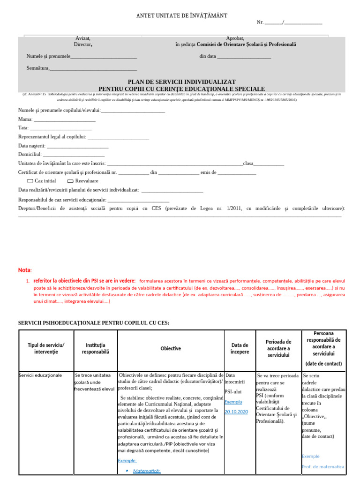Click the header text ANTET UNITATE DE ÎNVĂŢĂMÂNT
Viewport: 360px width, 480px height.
[x=181, y=16]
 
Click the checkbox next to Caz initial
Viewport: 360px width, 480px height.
[x=30, y=181]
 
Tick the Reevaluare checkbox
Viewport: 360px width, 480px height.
[x=70, y=181]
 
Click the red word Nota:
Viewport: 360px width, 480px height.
[x=25, y=270]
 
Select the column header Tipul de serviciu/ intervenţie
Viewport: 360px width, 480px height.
[x=46, y=348]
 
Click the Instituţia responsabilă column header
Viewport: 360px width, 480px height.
[x=95, y=348]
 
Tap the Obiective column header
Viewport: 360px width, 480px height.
[x=171, y=348]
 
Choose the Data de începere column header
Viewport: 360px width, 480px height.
[x=240, y=348]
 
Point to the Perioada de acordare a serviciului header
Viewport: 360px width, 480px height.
[x=278, y=348]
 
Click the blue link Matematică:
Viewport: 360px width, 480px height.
[x=147, y=471]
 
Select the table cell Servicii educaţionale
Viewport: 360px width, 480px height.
[x=40, y=375]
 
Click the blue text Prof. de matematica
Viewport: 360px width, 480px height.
[x=322, y=466]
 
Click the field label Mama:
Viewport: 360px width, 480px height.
[x=25, y=119]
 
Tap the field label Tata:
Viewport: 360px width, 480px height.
[x=23, y=127]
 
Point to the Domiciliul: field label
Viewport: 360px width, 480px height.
[x=30, y=154]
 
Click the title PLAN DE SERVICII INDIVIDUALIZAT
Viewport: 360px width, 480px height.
[x=181, y=82]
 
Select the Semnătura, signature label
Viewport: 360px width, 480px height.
[x=38, y=68]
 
